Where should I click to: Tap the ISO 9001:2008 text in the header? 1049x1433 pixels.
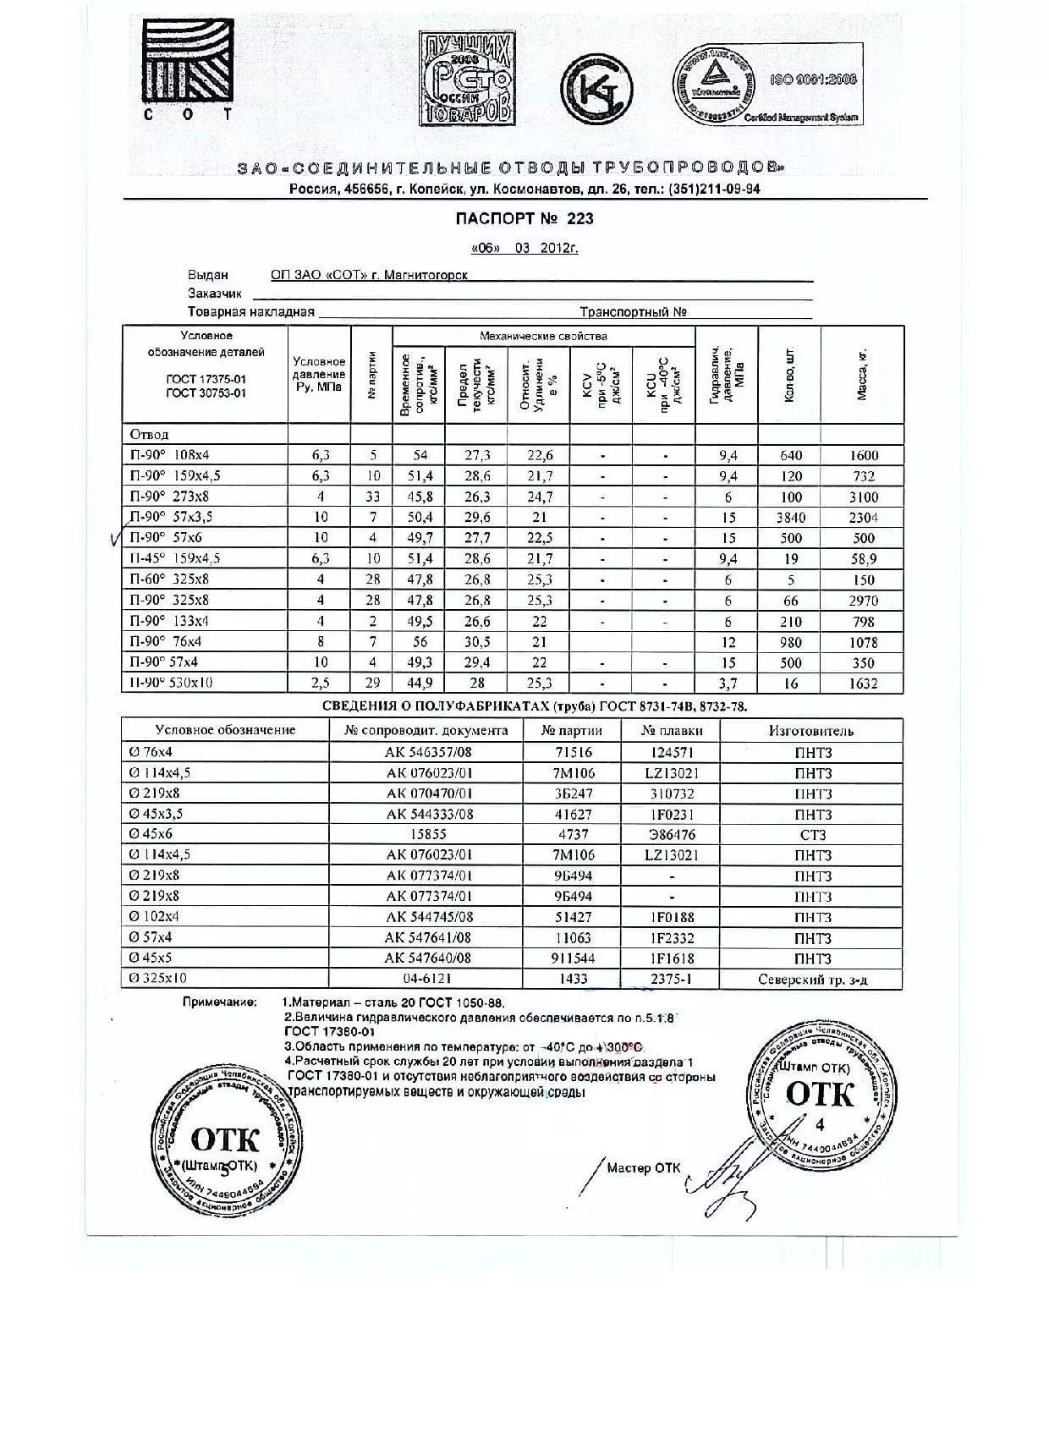(x=813, y=80)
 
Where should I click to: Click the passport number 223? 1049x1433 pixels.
(x=580, y=218)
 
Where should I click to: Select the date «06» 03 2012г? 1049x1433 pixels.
(x=524, y=249)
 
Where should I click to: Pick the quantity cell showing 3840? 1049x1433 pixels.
(x=789, y=518)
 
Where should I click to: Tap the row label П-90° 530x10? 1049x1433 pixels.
(x=171, y=683)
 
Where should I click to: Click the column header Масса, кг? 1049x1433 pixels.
(x=862, y=375)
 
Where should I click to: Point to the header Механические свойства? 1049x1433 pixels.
(x=543, y=336)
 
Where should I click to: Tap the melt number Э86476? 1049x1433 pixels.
(x=671, y=835)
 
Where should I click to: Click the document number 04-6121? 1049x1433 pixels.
(x=428, y=979)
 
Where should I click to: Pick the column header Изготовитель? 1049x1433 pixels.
(x=811, y=731)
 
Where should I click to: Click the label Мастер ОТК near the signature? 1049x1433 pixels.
(x=643, y=1168)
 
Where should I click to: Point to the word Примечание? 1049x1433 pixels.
(x=219, y=1002)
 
